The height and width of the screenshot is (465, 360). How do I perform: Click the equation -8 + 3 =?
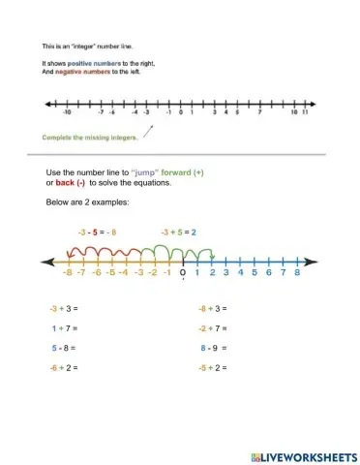pos(212,309)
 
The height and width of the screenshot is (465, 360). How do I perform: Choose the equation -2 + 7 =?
pos(212,328)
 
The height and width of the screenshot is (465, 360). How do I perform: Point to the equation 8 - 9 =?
pos(214,348)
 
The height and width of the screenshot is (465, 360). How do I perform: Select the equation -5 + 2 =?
pos(212,368)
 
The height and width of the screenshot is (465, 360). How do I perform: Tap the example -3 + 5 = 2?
pos(178,232)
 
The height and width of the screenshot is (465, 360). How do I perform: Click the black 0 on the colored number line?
pos(183,274)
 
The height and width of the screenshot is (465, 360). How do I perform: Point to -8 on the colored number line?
pos(67,274)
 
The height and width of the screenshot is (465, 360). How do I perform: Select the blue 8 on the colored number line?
pos(298,274)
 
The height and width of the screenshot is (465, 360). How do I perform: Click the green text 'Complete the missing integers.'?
pos(90,138)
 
